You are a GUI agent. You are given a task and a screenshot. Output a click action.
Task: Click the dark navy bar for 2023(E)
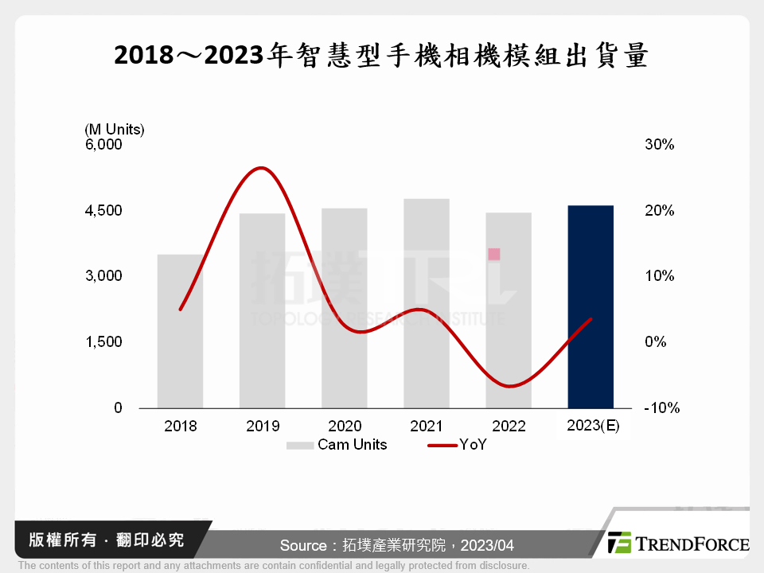click(x=591, y=306)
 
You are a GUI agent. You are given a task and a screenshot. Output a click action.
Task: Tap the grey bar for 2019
click(x=262, y=310)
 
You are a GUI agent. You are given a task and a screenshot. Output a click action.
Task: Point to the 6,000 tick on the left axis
click(x=104, y=145)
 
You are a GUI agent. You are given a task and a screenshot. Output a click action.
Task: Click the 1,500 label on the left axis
click(x=104, y=342)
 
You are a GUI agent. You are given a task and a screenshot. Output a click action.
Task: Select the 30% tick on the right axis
click(x=659, y=145)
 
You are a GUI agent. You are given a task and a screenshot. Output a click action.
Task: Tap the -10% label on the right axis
click(x=661, y=408)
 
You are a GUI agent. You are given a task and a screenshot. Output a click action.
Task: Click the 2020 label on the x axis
click(x=345, y=427)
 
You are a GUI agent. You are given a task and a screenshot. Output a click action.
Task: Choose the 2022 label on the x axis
click(x=509, y=427)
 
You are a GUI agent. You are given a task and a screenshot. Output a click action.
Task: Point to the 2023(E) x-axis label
click(x=593, y=426)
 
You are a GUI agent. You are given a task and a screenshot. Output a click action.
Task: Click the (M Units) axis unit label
click(x=114, y=128)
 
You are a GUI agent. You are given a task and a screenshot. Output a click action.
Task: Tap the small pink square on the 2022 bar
click(x=494, y=254)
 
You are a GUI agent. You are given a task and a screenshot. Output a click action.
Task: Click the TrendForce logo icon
click(x=618, y=542)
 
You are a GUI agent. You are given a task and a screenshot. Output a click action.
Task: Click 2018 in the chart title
click(x=146, y=56)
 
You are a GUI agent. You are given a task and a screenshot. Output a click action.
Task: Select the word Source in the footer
click(x=302, y=545)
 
